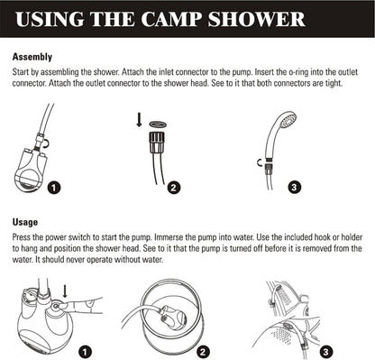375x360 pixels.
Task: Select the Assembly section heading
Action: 32,56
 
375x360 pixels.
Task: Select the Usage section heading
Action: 25,222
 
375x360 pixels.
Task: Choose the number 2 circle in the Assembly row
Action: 175,189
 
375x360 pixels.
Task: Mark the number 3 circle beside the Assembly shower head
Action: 294,189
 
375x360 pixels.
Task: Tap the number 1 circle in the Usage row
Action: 84,351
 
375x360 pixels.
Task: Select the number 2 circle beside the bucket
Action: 203,351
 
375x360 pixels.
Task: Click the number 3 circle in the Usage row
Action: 325,351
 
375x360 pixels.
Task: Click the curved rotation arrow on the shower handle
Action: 261,163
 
